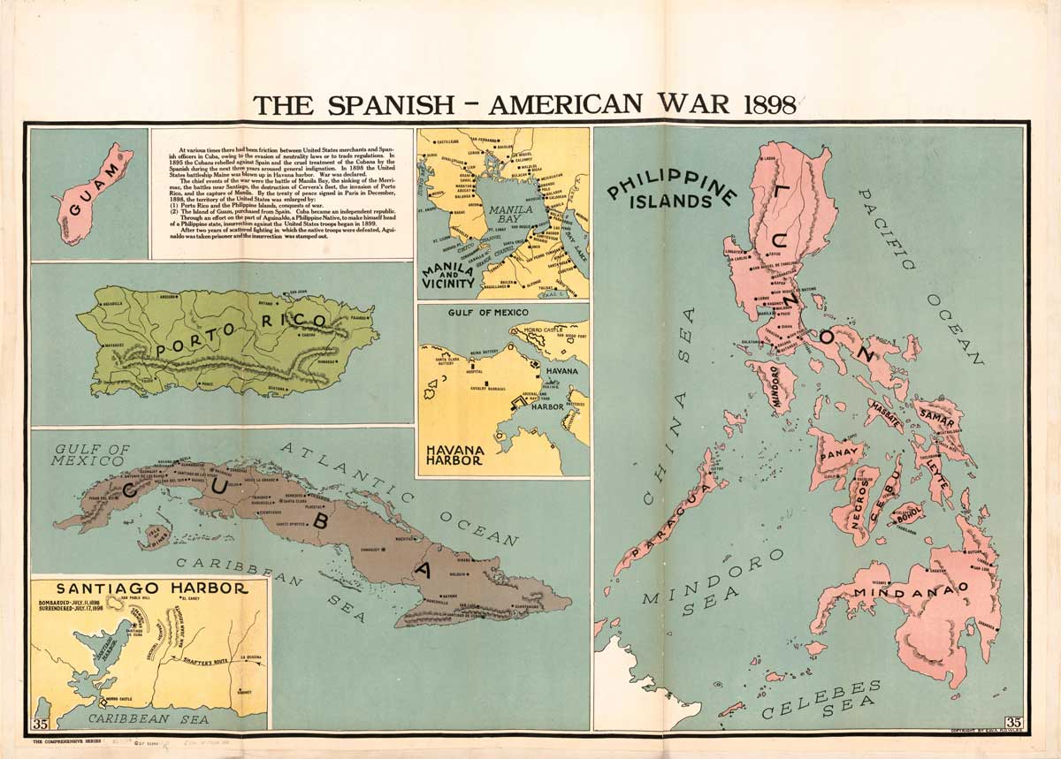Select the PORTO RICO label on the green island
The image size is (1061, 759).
tap(241, 336)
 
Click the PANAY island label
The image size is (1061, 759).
tap(835, 457)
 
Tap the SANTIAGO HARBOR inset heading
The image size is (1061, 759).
tap(149, 587)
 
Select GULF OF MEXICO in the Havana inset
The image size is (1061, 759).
tap(476, 313)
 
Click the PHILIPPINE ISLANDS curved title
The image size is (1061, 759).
tap(672, 191)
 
